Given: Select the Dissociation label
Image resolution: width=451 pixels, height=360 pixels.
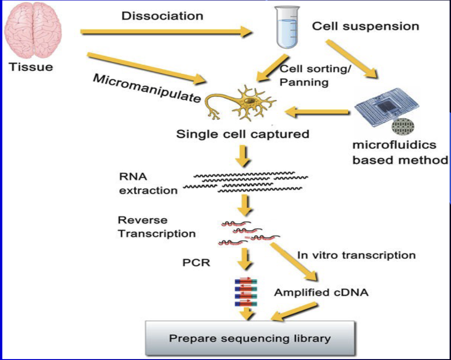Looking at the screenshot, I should coord(162,16).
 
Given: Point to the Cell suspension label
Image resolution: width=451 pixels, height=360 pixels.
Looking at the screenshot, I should coord(365,26).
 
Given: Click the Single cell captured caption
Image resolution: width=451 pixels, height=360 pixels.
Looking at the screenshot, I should coord(242,135).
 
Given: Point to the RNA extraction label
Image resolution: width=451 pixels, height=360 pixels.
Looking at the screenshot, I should coord(148,184).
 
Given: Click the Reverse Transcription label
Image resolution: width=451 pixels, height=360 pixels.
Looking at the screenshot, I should coord(156,227).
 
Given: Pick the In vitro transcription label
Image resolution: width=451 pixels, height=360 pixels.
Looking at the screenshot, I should coord(356,255).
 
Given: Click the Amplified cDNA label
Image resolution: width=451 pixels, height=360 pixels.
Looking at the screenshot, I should coord(322,293).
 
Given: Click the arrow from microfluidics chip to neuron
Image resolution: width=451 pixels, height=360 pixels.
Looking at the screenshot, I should coord(318,112).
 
